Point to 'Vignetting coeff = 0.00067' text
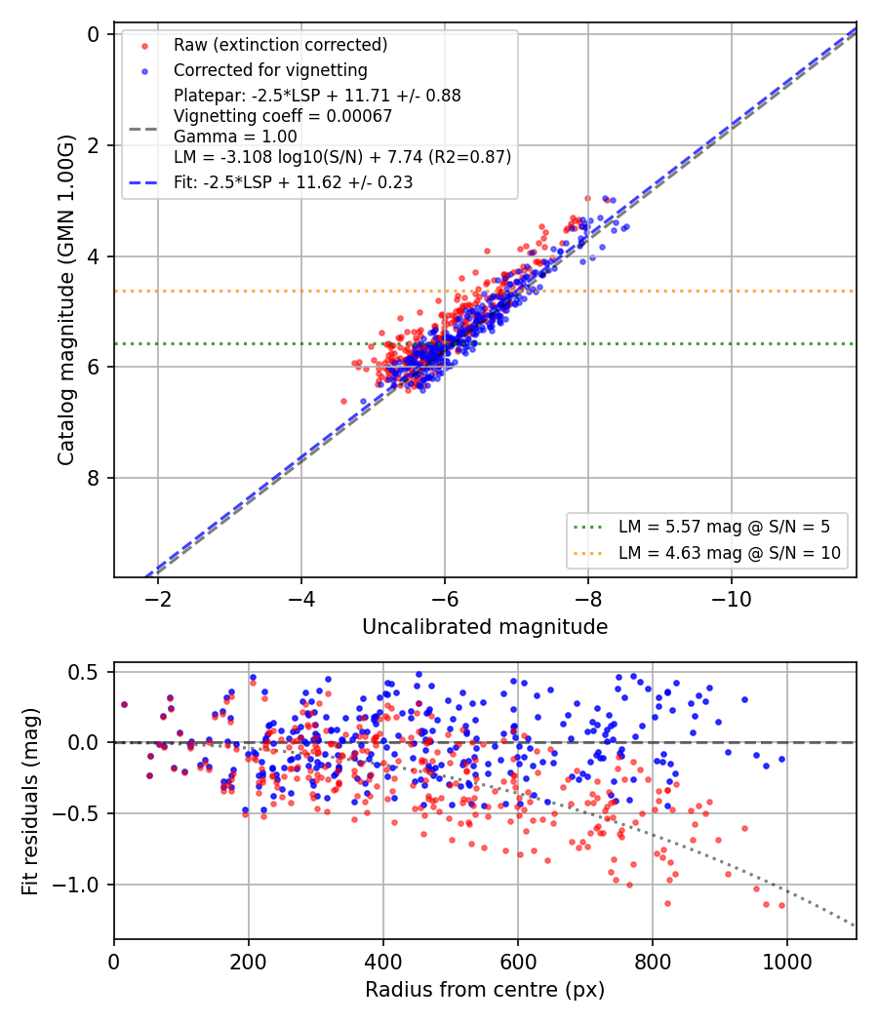(283, 116)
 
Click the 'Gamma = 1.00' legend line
(235, 137)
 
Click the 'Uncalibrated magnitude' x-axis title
(485, 627)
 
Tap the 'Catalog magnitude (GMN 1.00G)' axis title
(66, 300)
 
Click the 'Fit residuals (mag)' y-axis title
(30, 802)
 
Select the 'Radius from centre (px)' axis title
(485, 990)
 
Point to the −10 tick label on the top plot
(731, 600)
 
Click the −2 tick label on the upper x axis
(157, 600)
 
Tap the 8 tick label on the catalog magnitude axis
(94, 478)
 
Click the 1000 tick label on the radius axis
(787, 962)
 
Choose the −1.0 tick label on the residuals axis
(74, 885)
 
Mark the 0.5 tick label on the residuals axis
(84, 672)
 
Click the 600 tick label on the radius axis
(518, 962)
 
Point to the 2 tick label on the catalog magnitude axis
(94, 145)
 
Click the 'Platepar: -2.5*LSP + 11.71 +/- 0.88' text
(317, 96)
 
